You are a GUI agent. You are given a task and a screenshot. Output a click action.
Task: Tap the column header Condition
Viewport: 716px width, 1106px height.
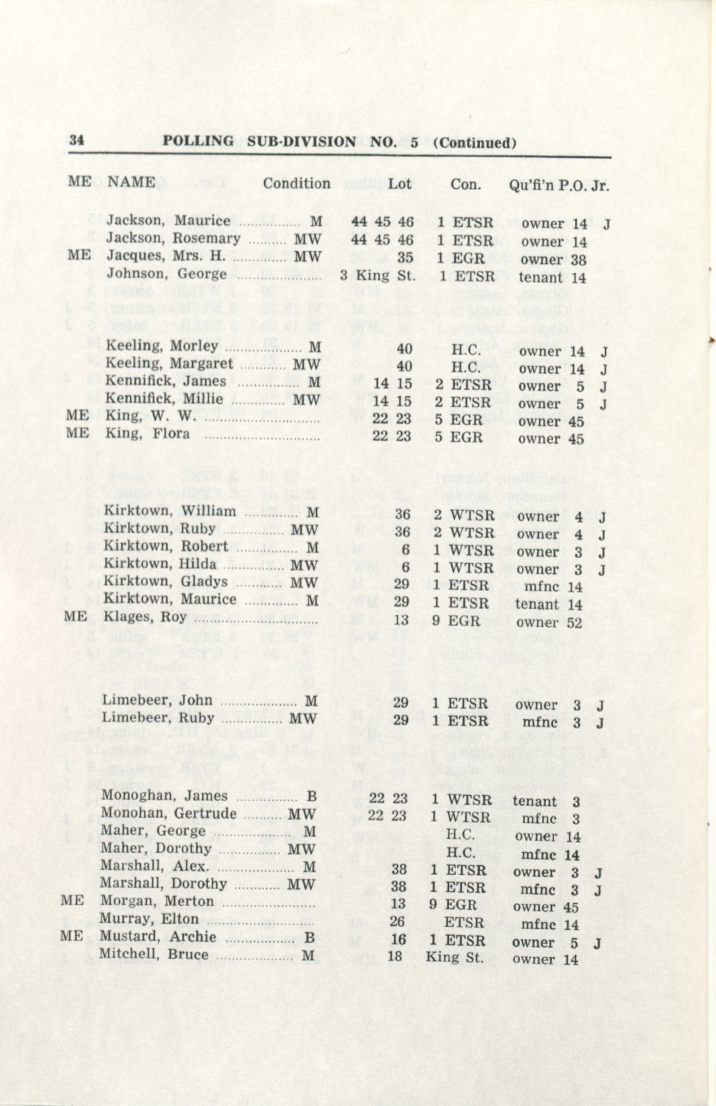[x=297, y=184]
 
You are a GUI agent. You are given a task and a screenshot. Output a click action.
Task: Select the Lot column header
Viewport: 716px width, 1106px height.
[x=399, y=184]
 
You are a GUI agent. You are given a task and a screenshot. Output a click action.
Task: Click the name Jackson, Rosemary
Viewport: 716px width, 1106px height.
[x=173, y=239]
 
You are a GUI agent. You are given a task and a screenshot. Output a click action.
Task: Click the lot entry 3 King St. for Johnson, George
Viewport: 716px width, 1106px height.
[x=377, y=276]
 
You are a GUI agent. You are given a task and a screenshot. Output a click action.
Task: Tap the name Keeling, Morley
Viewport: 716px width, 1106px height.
[x=162, y=346]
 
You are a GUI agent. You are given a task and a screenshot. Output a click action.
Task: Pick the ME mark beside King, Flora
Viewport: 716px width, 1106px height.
[x=77, y=433]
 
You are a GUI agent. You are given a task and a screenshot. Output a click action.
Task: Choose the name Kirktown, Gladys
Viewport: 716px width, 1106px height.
[x=165, y=582]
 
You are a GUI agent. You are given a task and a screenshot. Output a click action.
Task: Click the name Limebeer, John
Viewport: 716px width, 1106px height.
[x=157, y=700]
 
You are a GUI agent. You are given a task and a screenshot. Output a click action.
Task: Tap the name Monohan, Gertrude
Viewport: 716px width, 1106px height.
[x=168, y=814]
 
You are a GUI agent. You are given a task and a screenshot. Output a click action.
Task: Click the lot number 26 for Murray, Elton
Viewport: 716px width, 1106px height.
[x=398, y=921]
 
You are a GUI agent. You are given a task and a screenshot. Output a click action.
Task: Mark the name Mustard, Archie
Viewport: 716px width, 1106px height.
[x=158, y=937]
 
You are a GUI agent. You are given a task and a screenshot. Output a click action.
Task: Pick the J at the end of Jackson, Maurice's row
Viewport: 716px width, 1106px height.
[x=606, y=224]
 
